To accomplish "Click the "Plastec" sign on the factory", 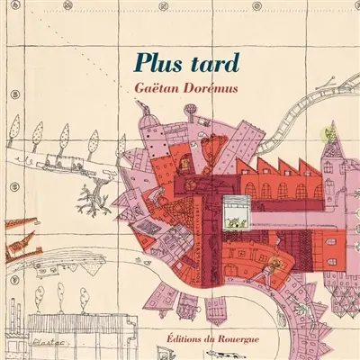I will coord(34,342).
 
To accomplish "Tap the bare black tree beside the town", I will coord(90,195).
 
